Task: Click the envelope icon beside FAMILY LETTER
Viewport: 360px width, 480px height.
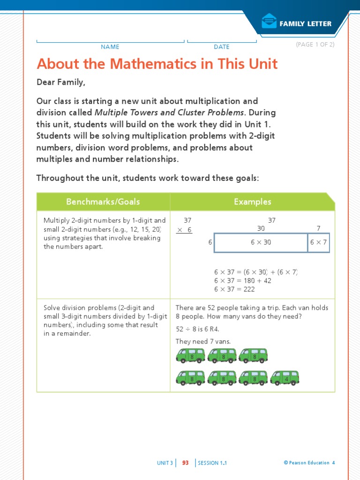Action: click(269, 22)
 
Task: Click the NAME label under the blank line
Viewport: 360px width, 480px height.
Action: click(110, 47)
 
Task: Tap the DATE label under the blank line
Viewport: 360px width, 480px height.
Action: click(222, 47)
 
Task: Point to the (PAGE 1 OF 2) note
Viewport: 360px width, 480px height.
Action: click(315, 45)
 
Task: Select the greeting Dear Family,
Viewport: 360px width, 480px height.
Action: click(61, 82)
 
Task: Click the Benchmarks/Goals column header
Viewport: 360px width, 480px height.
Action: click(103, 202)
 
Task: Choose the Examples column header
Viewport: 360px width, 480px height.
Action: click(253, 202)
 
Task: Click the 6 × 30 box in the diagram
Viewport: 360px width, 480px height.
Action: click(261, 243)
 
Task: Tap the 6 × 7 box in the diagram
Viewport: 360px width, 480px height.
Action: click(319, 243)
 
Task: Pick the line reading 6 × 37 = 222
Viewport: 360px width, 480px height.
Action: click(234, 289)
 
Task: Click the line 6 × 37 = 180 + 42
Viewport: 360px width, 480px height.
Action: click(243, 281)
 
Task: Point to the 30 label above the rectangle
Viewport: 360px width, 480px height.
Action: click(261, 228)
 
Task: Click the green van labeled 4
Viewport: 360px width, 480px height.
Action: click(285, 378)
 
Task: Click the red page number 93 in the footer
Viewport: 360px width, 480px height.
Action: click(185, 463)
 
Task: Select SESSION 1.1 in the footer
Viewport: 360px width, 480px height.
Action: click(212, 463)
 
